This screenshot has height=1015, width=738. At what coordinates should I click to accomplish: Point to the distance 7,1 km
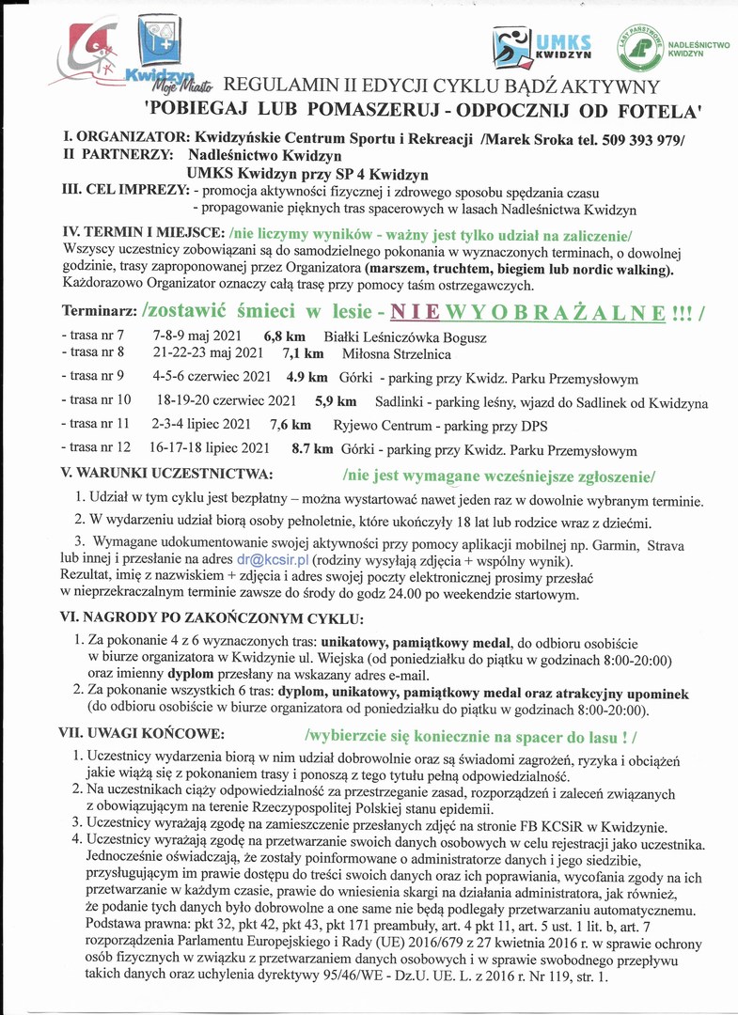pos(303,353)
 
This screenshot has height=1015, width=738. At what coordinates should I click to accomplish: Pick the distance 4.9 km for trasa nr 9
pos(306,379)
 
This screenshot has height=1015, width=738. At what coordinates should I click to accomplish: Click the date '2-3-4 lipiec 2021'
pos(201,425)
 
